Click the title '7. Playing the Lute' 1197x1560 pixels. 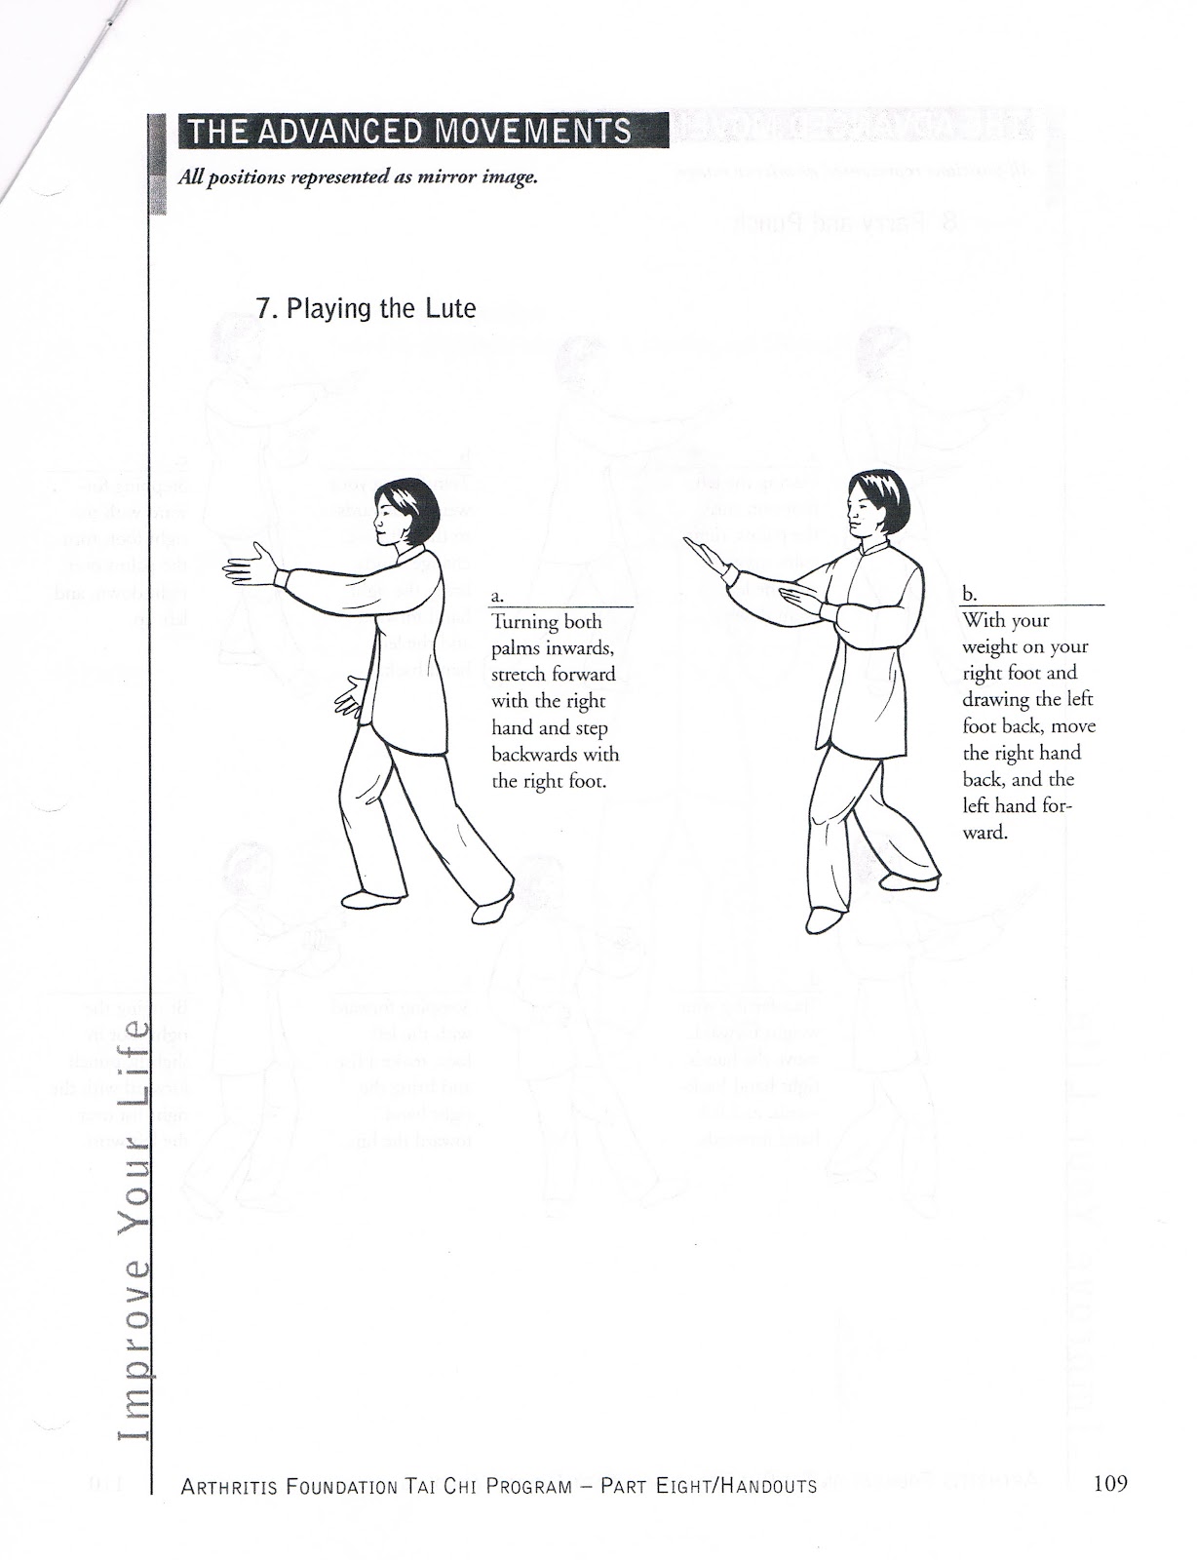(366, 308)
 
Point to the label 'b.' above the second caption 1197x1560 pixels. (968, 593)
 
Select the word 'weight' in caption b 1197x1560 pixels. (990, 646)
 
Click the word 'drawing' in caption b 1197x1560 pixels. (997, 699)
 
